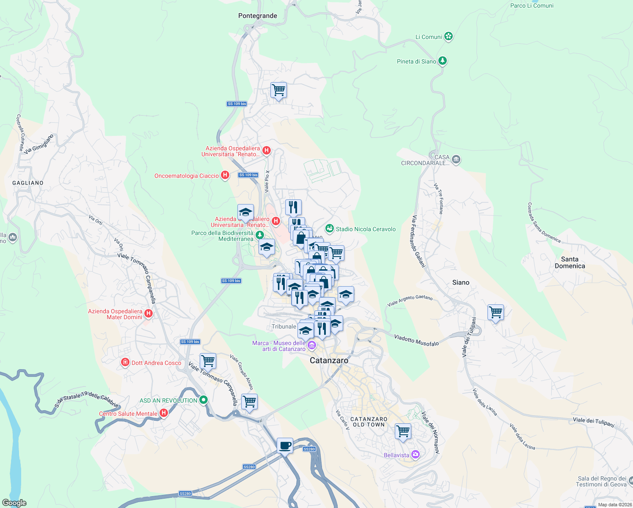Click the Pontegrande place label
pyautogui.click(x=257, y=16)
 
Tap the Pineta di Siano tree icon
pyautogui.click(x=443, y=61)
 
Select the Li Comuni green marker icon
pyautogui.click(x=449, y=37)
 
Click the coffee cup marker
pyautogui.click(x=285, y=446)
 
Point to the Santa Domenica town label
pyautogui.click(x=570, y=262)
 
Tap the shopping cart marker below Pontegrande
pyautogui.click(x=279, y=90)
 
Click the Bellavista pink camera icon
pyautogui.click(x=416, y=455)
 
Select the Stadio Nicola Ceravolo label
pyautogui.click(x=366, y=229)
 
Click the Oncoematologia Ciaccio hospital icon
pyautogui.click(x=225, y=175)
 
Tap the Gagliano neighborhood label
pyautogui.click(x=28, y=183)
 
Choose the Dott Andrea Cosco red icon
pyautogui.click(x=125, y=362)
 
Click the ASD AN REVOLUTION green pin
pyautogui.click(x=204, y=400)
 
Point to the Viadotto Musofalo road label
pyautogui.click(x=416, y=340)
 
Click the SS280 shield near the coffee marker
pyautogui.click(x=309, y=449)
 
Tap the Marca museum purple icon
pyautogui.click(x=312, y=345)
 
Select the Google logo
pyautogui.click(x=14, y=503)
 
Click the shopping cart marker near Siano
pyautogui.click(x=495, y=312)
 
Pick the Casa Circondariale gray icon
pyautogui.click(x=456, y=160)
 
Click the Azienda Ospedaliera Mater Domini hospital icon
pyautogui.click(x=149, y=314)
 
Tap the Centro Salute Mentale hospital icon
pyautogui.click(x=164, y=413)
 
